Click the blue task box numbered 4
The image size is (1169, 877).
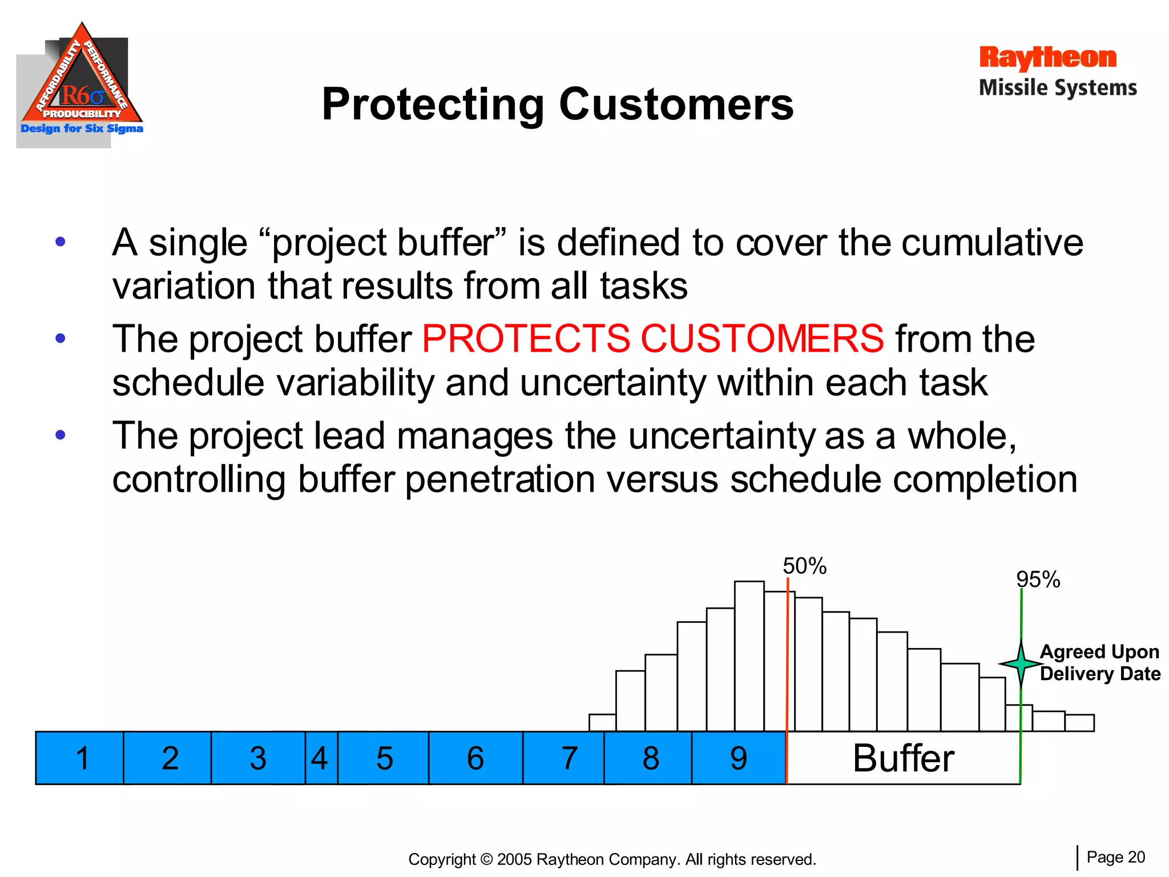(321, 758)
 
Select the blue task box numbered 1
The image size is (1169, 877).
(80, 758)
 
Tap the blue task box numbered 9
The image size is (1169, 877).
(739, 758)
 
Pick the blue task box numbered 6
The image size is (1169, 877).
(475, 758)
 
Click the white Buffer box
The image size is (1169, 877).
(903, 758)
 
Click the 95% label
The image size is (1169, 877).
(1038, 580)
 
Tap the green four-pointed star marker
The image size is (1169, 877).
(1021, 663)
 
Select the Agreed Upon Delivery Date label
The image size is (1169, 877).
(1099, 662)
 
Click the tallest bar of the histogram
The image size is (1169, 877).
(749, 657)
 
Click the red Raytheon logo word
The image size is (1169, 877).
(1047, 58)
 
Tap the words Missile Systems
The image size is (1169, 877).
(1058, 88)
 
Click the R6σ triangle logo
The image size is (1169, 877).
(82, 80)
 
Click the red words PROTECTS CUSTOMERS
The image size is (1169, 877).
(653, 339)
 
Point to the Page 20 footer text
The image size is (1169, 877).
(1115, 857)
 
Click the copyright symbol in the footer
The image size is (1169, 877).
(486, 859)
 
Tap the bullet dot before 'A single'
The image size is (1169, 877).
(61, 242)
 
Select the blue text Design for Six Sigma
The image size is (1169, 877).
(82, 128)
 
